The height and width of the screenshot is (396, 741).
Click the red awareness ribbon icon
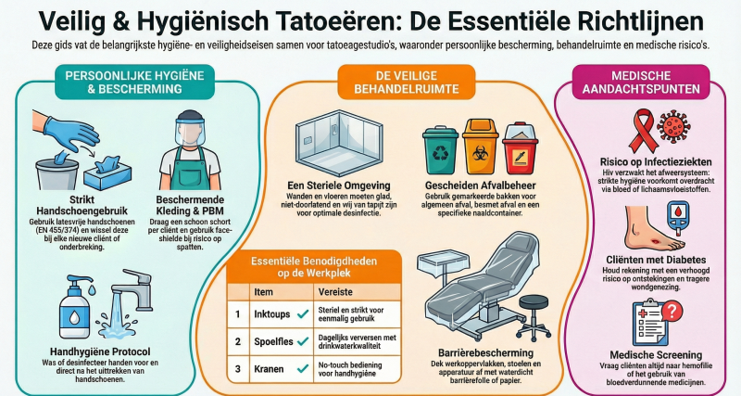[x=643, y=129]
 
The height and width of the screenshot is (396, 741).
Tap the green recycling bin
[x=440, y=150]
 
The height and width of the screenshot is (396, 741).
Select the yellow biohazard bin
[x=480, y=147]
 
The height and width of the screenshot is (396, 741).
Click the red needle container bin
[x=520, y=148]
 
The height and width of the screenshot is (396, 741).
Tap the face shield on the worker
[x=190, y=129]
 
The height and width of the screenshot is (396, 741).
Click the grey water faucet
[x=132, y=289]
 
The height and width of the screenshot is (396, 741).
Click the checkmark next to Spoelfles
[x=303, y=341]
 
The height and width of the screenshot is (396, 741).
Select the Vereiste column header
[x=335, y=291]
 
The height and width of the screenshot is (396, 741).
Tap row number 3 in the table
[x=238, y=369]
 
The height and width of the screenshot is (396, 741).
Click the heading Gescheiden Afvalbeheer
[x=480, y=185]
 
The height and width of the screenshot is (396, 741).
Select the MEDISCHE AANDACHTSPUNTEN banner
[x=641, y=82]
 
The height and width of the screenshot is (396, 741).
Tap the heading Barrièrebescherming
[x=485, y=353]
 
